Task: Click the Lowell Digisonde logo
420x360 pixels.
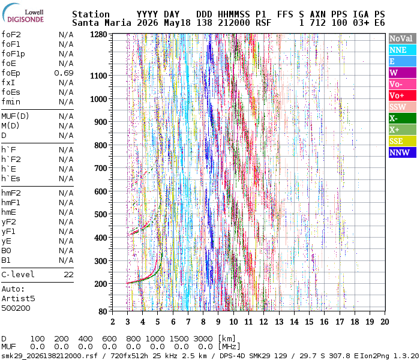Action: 23,13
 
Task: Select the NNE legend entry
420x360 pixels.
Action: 403,50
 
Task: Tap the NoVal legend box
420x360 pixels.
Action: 403,38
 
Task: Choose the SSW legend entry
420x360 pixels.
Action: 403,107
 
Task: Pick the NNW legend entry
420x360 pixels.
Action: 403,152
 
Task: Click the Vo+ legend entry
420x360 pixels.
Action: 403,95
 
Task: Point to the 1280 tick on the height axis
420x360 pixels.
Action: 98,35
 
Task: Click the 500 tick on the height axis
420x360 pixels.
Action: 100,214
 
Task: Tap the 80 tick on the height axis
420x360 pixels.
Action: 103,311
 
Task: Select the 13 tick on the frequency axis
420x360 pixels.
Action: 279,322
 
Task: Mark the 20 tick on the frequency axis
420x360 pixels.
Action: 385,322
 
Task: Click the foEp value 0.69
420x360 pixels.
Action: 64,73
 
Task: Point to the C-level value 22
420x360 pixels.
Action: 68,275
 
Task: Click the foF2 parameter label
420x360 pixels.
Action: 11,35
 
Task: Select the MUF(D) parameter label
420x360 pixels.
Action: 15,116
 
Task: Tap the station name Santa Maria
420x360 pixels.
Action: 101,23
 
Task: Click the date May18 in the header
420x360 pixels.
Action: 177,23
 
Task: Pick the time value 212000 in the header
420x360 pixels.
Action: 234,23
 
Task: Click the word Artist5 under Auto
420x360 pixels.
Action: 18,298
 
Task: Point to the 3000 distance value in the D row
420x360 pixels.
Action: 203,338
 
